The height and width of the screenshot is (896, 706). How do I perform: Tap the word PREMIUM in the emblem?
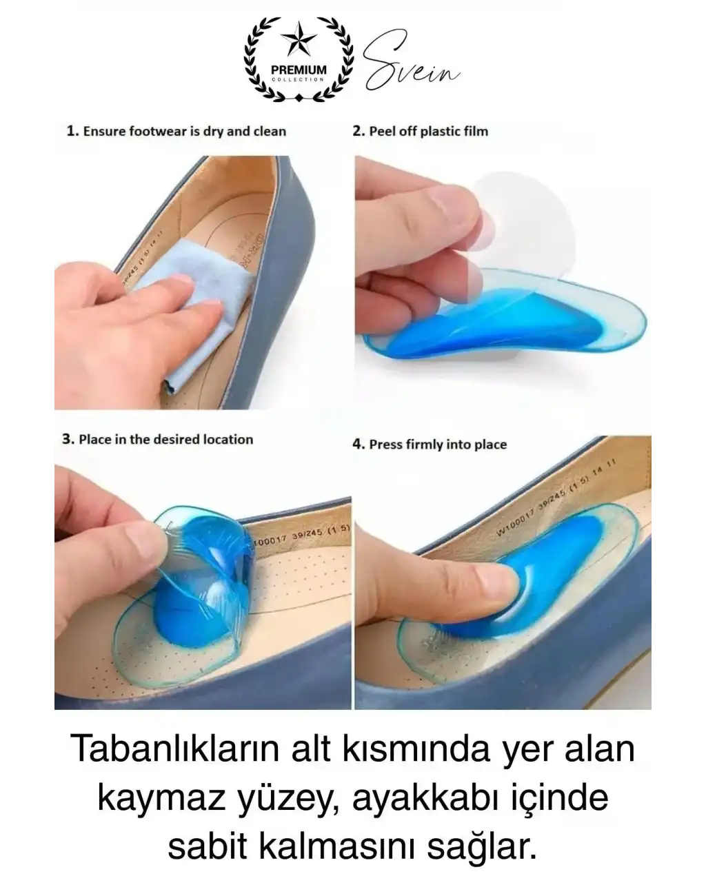[x=299, y=70]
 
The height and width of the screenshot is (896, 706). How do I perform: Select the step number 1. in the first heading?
[x=72, y=131]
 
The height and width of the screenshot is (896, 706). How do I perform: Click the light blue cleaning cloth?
[x=186, y=303]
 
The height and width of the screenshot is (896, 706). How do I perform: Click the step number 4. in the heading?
[x=359, y=445]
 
